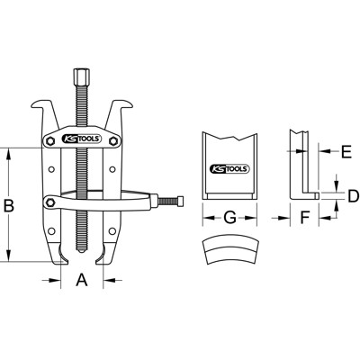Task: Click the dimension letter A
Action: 81,281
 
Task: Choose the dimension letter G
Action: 229,217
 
